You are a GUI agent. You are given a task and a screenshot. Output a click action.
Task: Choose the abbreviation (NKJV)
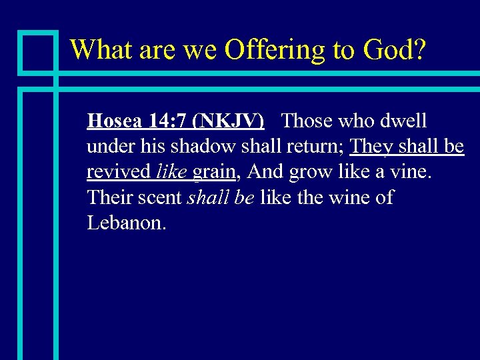(227, 121)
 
